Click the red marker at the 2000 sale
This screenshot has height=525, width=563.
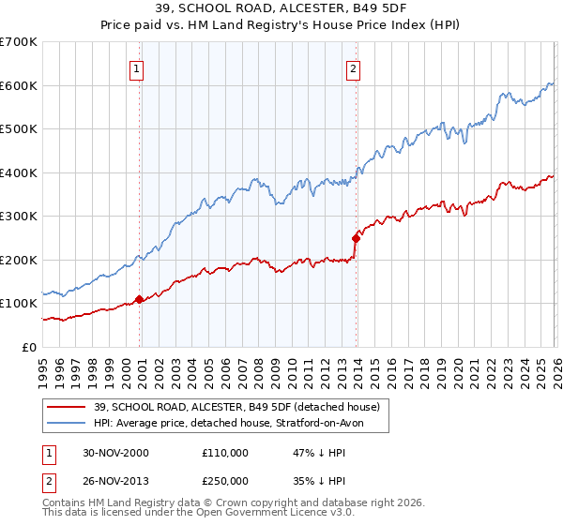click(x=140, y=299)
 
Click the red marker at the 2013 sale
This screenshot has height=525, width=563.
click(x=356, y=238)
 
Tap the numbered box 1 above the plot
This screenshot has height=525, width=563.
click(x=137, y=67)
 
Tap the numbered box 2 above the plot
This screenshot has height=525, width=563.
click(x=353, y=67)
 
